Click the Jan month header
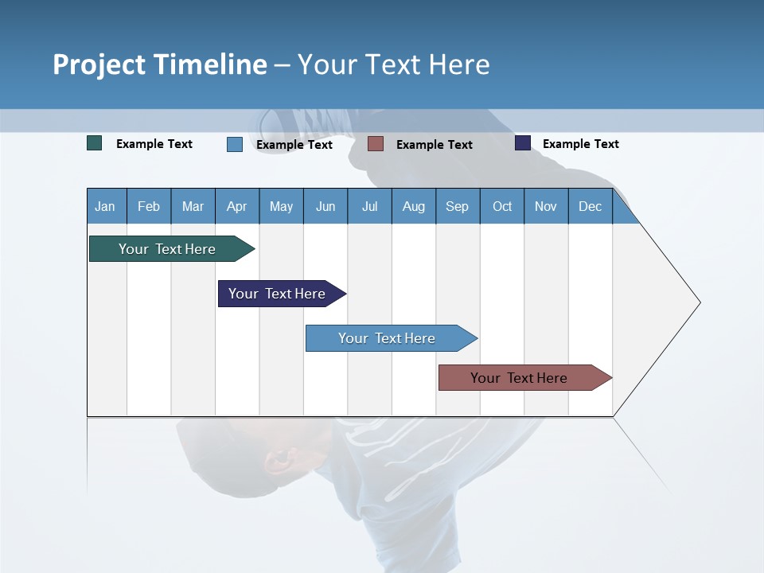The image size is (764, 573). [106, 206]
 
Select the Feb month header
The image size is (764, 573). [149, 206]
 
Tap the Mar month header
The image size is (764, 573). [193, 206]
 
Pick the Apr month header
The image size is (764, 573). [237, 206]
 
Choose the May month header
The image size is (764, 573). [281, 206]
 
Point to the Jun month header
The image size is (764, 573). [325, 206]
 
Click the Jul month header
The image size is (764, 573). [369, 206]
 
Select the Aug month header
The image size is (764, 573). [414, 206]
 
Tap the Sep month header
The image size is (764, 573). [458, 206]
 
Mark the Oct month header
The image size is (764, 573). [502, 206]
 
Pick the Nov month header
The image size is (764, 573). [546, 206]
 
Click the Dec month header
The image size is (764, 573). [591, 206]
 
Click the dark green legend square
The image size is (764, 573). [95, 143]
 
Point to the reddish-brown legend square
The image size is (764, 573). [376, 143]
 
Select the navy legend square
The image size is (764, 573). [523, 143]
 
